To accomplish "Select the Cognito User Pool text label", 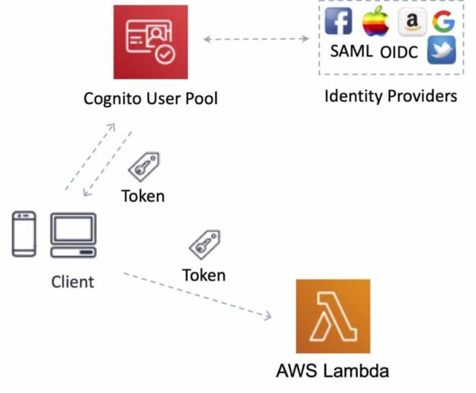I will (151, 99).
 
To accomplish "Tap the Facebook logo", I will (339, 21).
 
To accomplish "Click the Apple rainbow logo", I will (374, 21).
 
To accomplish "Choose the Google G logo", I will (443, 21).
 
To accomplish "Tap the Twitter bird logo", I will (441, 51).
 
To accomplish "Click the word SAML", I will (351, 52).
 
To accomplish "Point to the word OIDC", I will (398, 54).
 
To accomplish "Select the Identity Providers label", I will (391, 97).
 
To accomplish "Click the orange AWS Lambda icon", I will (332, 315).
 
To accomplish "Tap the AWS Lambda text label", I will (332, 371).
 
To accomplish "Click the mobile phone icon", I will (25, 234).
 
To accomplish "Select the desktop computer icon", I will (73, 234).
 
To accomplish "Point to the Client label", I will (72, 281).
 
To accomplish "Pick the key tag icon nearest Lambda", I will (204, 245).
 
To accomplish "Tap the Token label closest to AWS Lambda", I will (204, 275).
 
